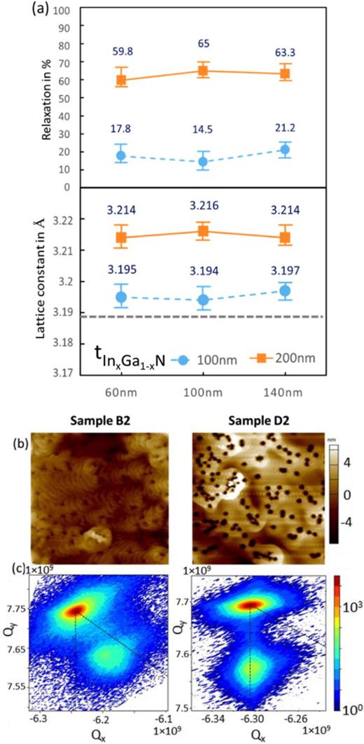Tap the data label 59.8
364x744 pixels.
122,50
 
